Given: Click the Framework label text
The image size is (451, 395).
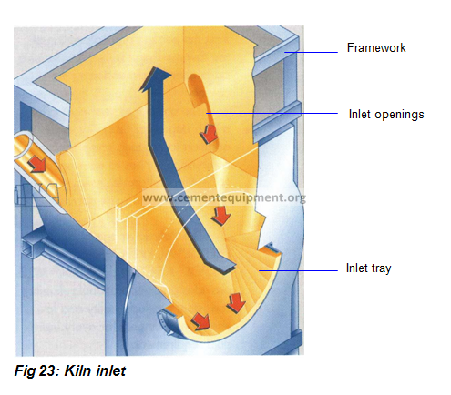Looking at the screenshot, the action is coord(376,47).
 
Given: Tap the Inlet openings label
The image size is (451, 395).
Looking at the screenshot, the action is coord(386,115).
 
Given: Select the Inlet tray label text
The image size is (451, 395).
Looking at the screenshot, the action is coord(368,268).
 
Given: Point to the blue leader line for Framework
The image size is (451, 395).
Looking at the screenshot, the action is coord(311,52).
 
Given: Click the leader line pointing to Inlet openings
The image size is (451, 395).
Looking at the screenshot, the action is coord(272,113).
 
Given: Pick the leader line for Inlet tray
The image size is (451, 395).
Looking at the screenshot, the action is coord(298,270).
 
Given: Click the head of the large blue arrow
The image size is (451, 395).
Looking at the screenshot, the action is coord(155,77).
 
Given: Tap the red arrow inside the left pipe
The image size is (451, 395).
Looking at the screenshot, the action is coord(37,164).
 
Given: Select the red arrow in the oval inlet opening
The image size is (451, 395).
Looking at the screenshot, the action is coord(209,134).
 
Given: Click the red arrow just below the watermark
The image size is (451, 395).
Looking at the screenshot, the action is coord(221,216).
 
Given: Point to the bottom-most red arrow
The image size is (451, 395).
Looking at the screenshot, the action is coord(200,321).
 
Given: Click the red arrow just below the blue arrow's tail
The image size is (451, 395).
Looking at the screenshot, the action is coord(236,303).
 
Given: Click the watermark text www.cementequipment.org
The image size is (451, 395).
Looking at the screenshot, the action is coord(224,197).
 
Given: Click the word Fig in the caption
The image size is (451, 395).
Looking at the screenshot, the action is coord(26,371).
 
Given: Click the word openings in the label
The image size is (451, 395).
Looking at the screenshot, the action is coord(399,115).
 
